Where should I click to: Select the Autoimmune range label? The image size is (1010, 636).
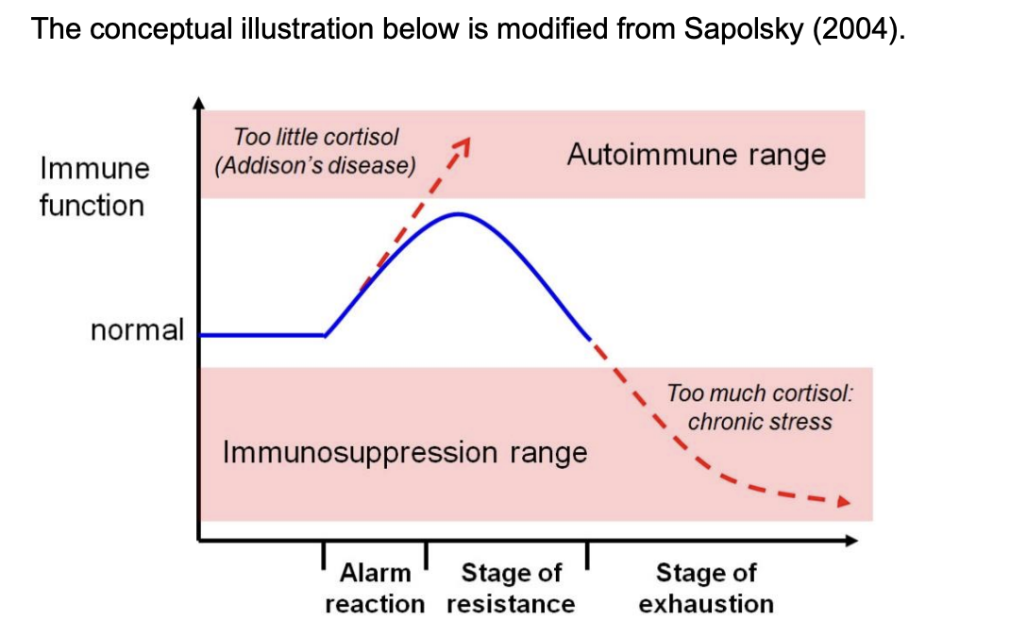[x=696, y=155]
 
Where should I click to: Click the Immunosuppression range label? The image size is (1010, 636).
[x=405, y=452]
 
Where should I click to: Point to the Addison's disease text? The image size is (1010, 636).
[x=315, y=166]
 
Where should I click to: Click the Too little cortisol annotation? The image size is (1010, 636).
[x=316, y=138]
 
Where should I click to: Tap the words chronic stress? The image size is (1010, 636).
[x=760, y=421]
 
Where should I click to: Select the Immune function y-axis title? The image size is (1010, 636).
[x=93, y=187]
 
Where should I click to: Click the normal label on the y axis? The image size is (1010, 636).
[x=137, y=330]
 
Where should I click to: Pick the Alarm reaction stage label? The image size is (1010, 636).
[x=375, y=588]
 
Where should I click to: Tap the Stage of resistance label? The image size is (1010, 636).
[x=511, y=588]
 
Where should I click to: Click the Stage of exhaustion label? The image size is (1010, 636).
[x=706, y=588]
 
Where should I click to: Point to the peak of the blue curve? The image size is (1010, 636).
[x=459, y=214]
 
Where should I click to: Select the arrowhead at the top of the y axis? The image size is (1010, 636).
[x=198, y=102]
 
